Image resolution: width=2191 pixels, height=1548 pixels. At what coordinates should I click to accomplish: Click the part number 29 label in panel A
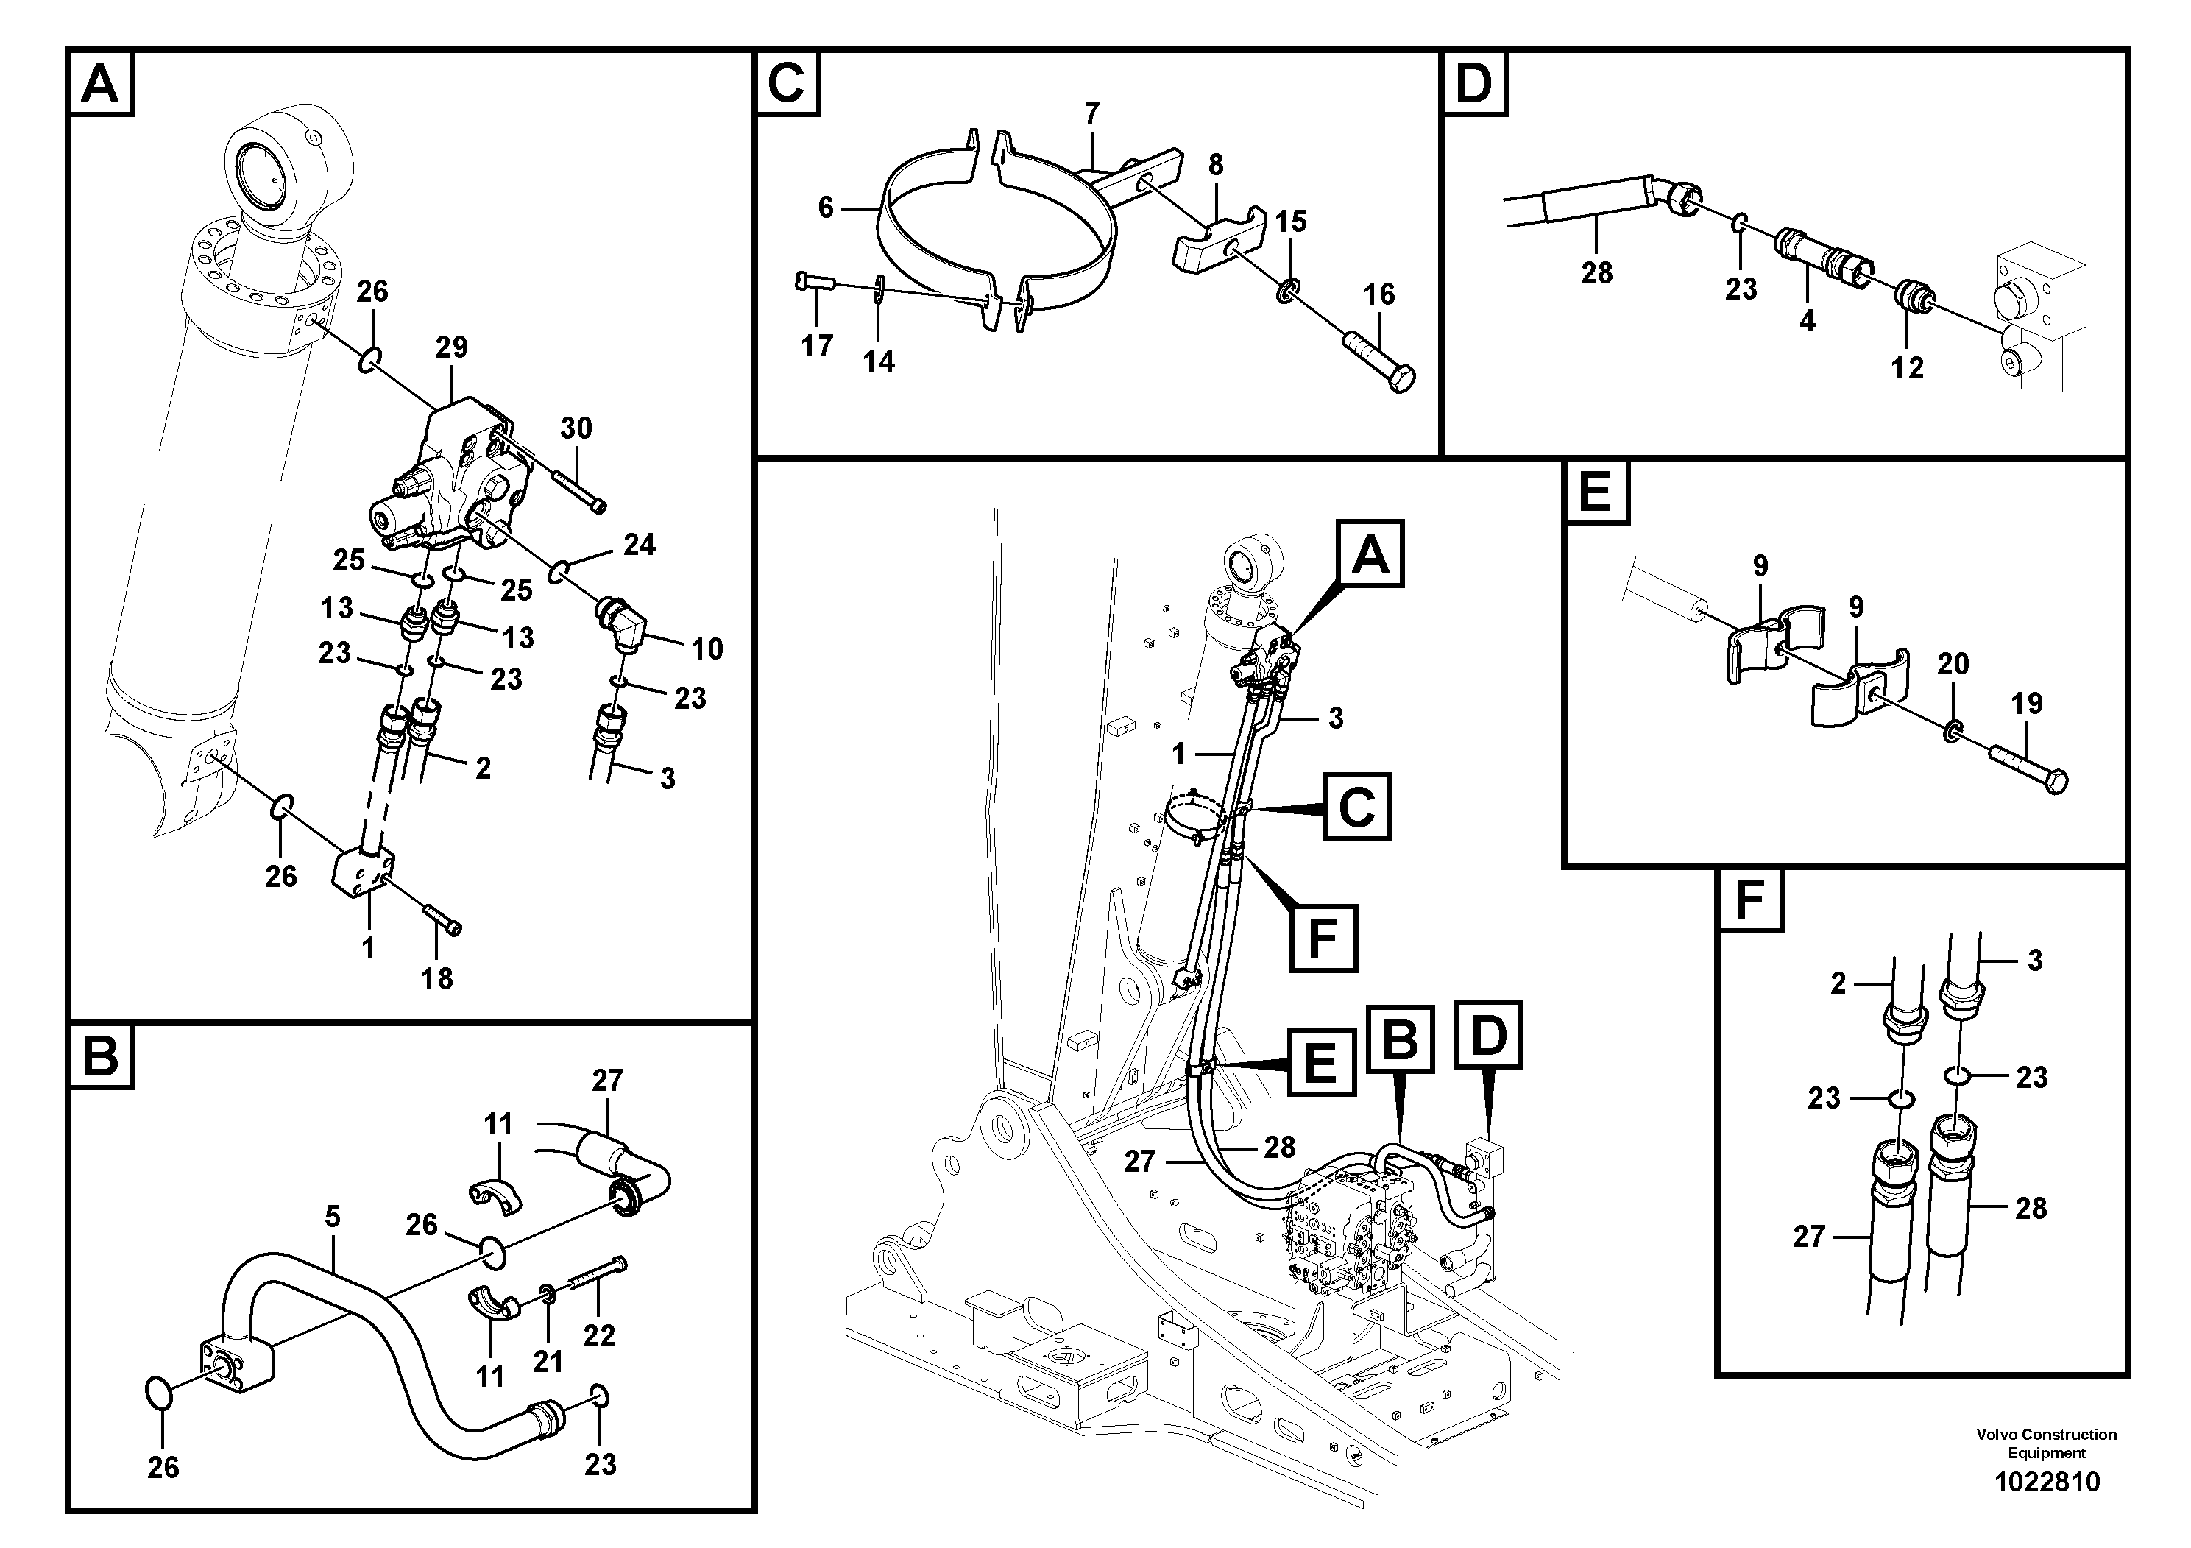(x=451, y=347)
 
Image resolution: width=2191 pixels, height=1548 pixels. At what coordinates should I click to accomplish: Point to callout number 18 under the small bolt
(x=436, y=978)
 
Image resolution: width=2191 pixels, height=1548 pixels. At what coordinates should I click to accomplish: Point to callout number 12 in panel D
(x=1907, y=367)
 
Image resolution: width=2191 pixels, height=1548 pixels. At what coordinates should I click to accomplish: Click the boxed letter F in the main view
(x=1323, y=939)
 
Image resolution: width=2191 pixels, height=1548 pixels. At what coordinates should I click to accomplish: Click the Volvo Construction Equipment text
(x=2046, y=1443)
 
